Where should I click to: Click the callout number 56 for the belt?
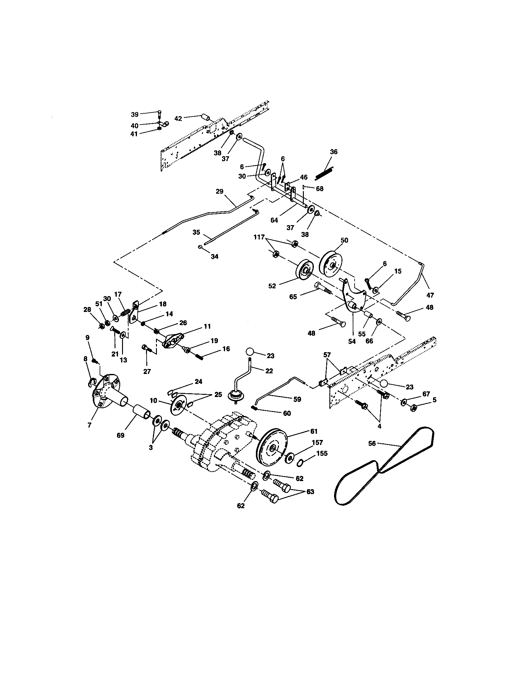coord(372,443)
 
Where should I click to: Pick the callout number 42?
coord(178,119)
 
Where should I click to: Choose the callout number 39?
coord(134,114)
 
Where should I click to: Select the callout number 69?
coord(120,435)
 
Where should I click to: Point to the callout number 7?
coord(89,425)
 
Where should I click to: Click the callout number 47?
coord(430,295)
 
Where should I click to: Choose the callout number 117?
coord(259,238)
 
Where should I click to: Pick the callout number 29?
coord(219,191)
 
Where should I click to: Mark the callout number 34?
coord(214,257)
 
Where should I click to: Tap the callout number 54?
coord(352,341)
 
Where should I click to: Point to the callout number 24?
coord(198,382)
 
